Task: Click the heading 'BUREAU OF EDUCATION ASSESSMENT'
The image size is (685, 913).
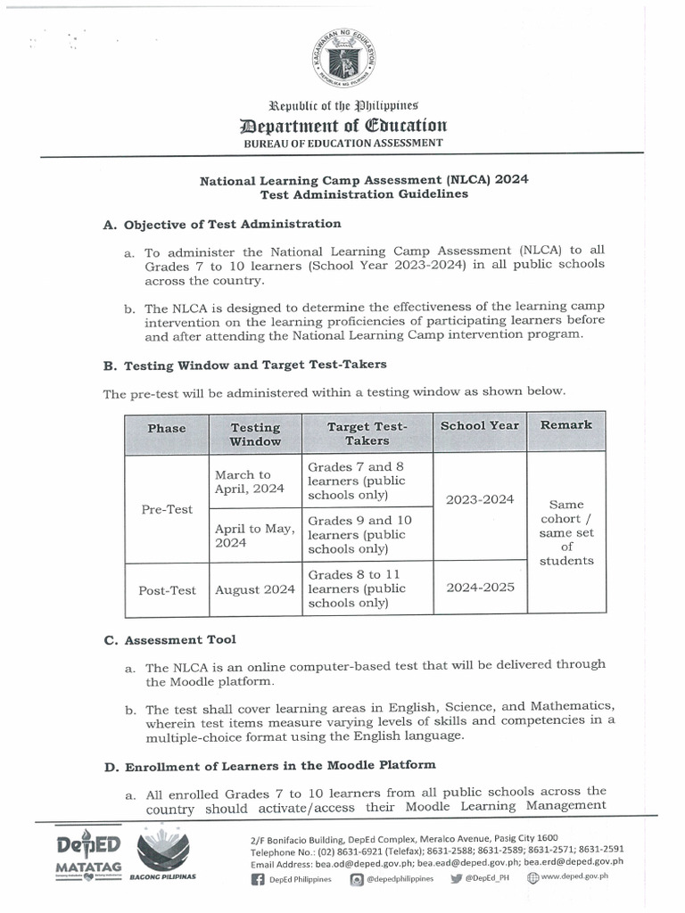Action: click(342, 143)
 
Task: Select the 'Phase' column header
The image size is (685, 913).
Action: click(167, 429)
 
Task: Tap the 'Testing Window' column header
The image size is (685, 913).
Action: click(255, 434)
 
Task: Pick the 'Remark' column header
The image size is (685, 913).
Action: click(565, 425)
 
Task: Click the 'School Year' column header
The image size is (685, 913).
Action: click(479, 425)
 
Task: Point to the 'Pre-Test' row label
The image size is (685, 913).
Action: click(167, 509)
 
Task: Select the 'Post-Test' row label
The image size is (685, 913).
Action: click(167, 590)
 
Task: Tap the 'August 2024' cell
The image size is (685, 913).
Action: click(254, 589)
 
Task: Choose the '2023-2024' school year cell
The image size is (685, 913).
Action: click(479, 499)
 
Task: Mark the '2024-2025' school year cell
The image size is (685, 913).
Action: click(479, 588)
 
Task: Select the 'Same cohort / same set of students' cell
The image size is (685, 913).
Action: click(565, 532)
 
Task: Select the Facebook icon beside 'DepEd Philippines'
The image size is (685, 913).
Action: click(259, 878)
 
